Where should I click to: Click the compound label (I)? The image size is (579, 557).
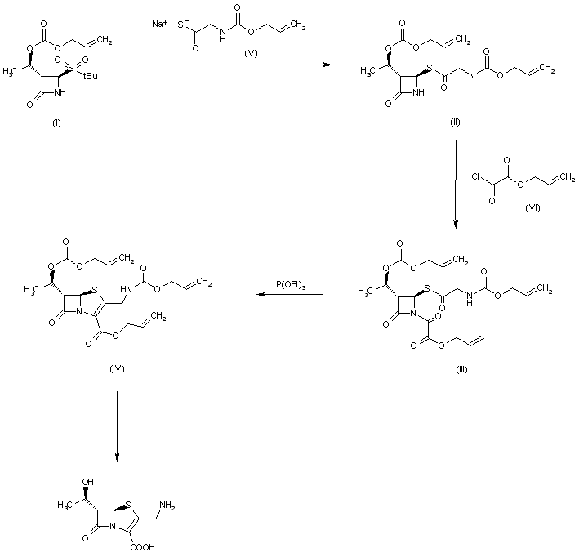tap(56, 123)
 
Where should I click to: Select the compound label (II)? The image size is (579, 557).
tap(456, 122)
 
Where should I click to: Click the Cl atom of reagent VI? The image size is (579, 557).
tap(475, 176)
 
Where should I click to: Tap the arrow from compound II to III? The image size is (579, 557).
tap(455, 180)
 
